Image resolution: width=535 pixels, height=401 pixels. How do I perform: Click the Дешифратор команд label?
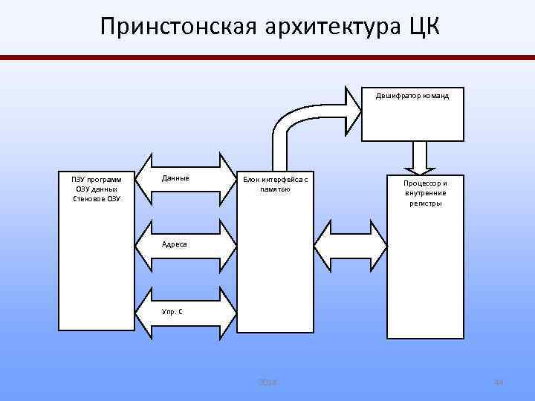[412, 96]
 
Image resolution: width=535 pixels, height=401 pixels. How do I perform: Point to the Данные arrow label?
[175, 179]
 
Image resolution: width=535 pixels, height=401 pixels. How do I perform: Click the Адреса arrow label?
[175, 244]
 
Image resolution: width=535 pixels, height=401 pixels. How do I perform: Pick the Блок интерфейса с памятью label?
[275, 184]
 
